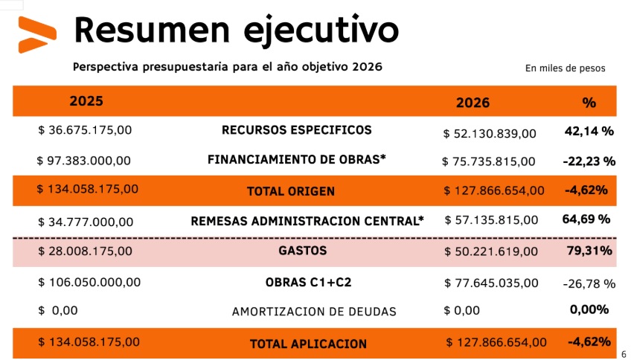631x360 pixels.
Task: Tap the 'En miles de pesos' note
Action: (565, 68)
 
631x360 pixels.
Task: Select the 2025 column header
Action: (86, 101)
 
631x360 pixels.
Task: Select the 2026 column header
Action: (473, 103)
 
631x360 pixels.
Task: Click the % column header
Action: (589, 103)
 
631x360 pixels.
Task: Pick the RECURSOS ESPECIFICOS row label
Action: (296, 130)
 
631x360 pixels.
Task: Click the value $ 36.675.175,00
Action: (85, 130)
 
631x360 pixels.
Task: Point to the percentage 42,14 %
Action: (589, 131)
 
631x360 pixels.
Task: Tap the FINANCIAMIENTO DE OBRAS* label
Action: (296, 159)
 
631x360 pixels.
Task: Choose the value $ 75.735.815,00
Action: (488, 161)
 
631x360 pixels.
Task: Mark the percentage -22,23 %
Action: (589, 161)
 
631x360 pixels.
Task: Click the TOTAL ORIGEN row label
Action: (291, 191)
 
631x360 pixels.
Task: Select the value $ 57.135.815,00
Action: (491, 220)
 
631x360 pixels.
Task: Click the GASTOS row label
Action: (303, 251)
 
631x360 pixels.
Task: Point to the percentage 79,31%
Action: (589, 251)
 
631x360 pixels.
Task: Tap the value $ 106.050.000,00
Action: (89, 283)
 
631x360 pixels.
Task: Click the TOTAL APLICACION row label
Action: (308, 344)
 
